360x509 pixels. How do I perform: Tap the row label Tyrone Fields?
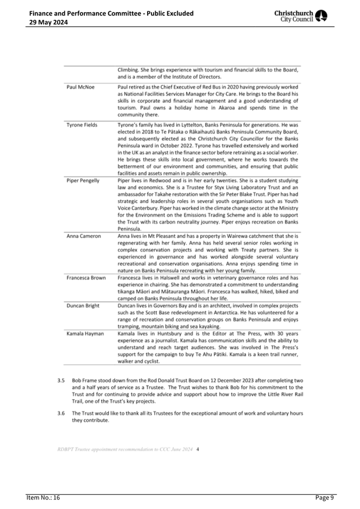coord(82,125)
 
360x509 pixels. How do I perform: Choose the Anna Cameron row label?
coord(83,236)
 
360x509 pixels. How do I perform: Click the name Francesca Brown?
coord(86,277)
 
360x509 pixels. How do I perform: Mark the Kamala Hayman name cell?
coord(85,333)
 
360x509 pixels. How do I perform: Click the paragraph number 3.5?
coord(61,381)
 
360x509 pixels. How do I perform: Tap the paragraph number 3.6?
coord(61,413)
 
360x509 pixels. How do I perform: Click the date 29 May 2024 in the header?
coord(48,22)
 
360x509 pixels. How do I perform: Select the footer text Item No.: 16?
coord(44,498)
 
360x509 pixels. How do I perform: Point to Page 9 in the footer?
coord(324,498)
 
